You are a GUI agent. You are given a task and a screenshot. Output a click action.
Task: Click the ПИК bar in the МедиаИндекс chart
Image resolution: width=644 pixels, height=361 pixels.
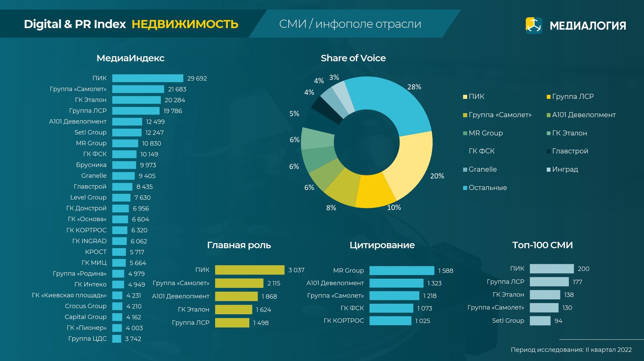point(147,78)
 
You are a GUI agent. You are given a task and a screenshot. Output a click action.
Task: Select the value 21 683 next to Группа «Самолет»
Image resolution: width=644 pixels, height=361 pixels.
point(177,89)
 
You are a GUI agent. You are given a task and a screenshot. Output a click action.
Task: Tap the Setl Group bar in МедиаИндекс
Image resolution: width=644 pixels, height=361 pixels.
point(127,132)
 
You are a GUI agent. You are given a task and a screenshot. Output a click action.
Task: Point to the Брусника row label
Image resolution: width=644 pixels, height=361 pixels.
point(91,165)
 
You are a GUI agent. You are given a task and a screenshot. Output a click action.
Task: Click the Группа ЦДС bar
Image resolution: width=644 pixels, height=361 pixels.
point(117,339)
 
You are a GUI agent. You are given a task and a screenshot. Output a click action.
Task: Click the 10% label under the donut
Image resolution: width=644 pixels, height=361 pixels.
point(394,208)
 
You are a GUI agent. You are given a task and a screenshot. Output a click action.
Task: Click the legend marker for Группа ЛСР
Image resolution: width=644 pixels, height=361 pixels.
point(548,97)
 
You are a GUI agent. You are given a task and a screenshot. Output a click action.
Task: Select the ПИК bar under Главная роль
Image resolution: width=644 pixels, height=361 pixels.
point(249,270)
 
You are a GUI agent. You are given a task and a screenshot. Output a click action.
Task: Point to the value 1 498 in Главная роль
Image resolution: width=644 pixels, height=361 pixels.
point(261,323)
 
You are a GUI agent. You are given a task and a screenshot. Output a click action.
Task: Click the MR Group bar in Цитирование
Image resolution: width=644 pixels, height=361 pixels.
point(401,271)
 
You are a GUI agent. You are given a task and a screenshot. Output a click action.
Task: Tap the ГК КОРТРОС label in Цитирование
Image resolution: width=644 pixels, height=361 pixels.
point(344,321)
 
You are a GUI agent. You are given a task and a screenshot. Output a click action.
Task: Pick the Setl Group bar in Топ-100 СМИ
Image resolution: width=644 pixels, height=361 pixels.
point(540,321)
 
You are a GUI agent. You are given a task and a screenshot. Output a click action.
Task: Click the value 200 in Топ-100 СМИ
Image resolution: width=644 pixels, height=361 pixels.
point(583,269)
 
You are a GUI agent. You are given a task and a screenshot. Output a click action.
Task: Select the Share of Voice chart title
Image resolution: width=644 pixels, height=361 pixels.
point(353,58)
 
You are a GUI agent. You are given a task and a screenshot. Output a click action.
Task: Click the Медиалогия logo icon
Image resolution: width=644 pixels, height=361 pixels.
point(534,25)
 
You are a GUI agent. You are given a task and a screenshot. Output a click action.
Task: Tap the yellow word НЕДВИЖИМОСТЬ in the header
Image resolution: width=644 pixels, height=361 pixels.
point(185,24)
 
